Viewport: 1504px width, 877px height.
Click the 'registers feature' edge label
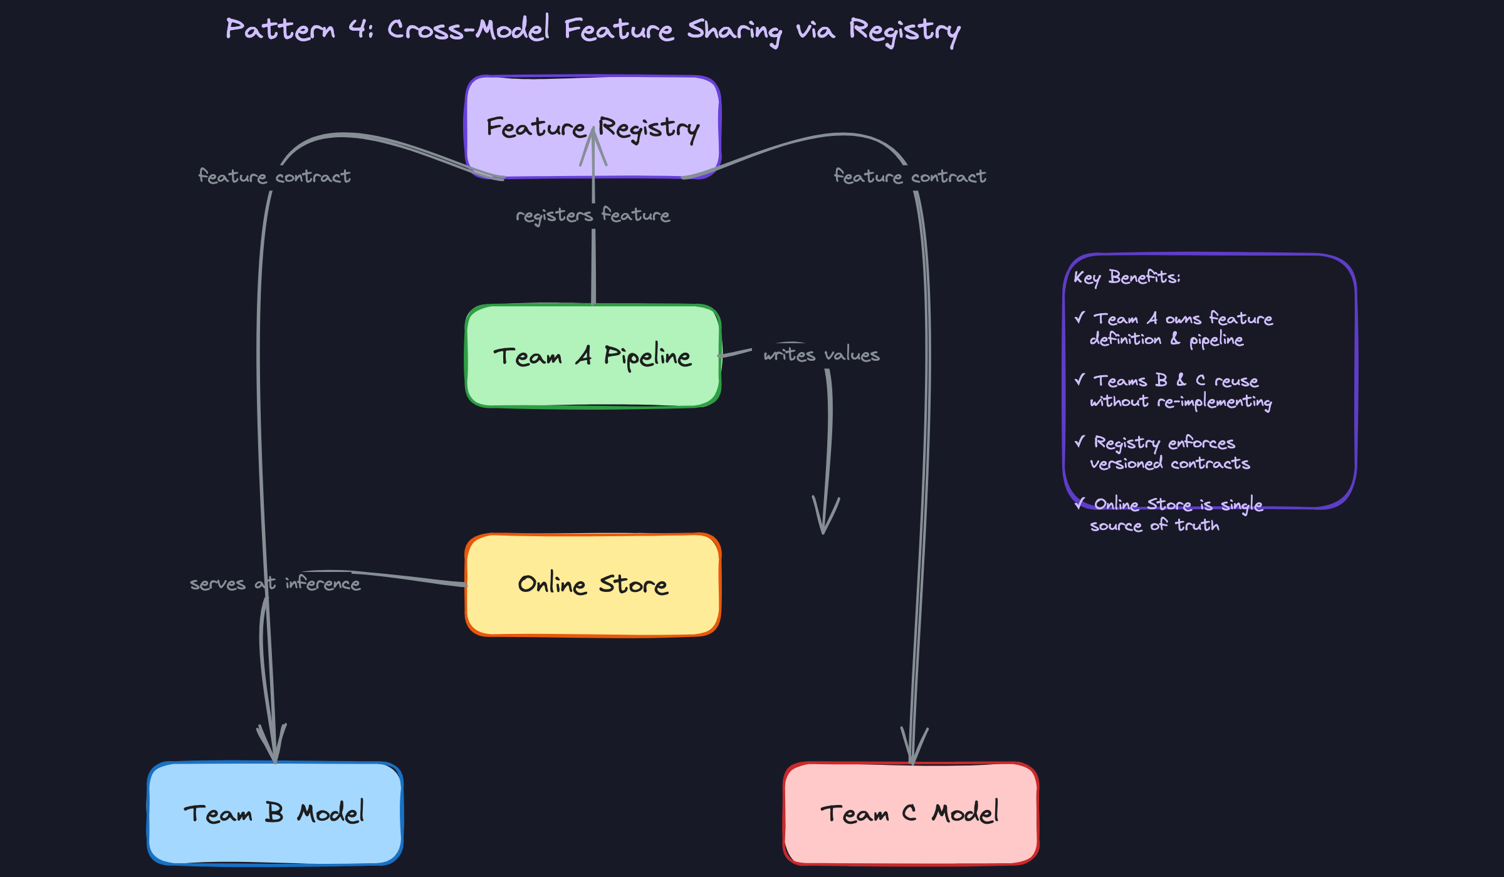(593, 215)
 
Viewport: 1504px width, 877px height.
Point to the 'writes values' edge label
(822, 355)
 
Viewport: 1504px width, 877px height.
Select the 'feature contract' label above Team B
(274, 177)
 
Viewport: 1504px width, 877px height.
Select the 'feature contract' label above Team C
(910, 177)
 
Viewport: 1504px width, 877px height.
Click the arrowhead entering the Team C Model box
(913, 749)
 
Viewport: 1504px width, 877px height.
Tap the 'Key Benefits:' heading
(1127, 277)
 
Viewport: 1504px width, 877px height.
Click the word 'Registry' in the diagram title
(904, 30)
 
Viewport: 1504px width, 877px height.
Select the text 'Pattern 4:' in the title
(300, 29)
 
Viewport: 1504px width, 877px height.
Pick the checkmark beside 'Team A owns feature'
(1079, 318)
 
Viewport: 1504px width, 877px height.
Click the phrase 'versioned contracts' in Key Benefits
(1170, 464)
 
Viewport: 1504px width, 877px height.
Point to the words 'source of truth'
(1154, 525)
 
